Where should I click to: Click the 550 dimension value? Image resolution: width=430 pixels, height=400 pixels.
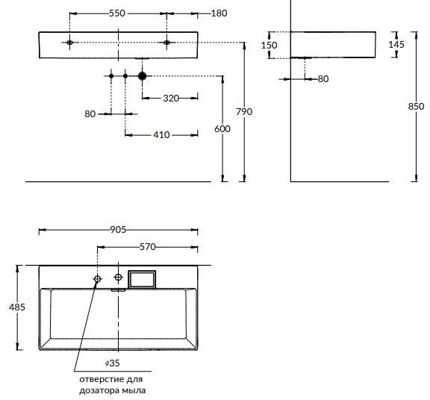[x=117, y=13]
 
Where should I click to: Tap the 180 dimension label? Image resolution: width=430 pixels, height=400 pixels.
[x=219, y=13]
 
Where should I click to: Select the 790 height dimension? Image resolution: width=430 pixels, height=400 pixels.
[x=244, y=112]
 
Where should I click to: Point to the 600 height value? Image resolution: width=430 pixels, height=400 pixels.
[x=222, y=128]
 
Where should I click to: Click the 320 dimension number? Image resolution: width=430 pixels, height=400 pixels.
[x=171, y=99]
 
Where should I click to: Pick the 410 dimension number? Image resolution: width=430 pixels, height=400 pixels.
[x=161, y=135]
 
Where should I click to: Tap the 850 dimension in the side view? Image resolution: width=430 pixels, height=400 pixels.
[x=416, y=106]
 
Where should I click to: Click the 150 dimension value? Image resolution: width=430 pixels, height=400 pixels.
[x=269, y=45]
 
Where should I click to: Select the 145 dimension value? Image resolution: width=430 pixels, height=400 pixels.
[x=396, y=45]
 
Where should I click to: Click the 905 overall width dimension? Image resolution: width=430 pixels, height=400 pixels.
[x=118, y=229]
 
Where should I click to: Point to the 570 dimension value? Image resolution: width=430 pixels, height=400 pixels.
[x=148, y=247]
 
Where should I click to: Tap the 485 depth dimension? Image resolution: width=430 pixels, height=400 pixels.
[x=17, y=307]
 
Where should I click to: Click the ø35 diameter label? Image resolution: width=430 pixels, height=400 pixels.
[x=113, y=363]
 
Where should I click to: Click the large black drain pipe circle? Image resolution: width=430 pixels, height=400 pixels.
[x=142, y=76]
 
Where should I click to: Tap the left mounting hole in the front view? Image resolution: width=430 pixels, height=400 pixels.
[x=69, y=43]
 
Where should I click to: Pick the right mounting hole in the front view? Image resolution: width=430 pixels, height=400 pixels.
[x=166, y=43]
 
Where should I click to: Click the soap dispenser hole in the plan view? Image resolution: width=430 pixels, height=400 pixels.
[x=97, y=279]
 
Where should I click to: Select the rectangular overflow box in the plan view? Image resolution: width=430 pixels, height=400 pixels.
[x=142, y=280]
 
